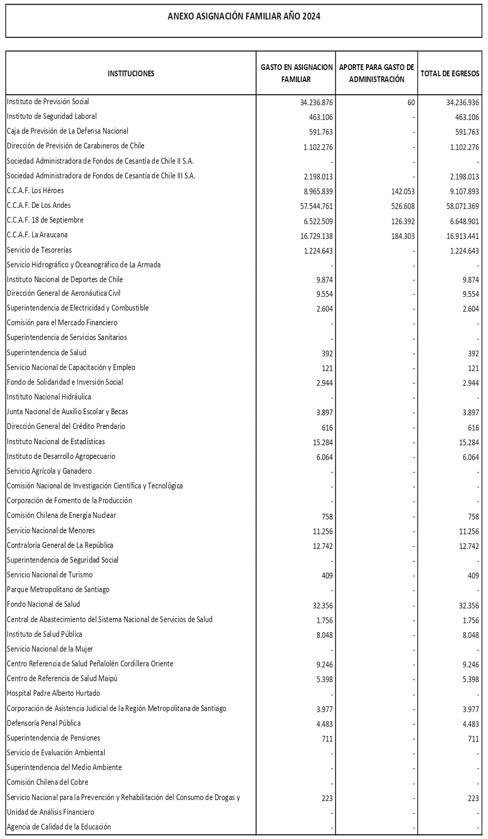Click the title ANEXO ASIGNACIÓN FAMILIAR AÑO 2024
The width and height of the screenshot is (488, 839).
tap(243, 16)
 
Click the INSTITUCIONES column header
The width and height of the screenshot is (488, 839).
tap(131, 74)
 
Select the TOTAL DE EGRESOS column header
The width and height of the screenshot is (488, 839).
tap(450, 74)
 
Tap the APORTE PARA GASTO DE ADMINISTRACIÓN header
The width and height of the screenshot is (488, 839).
tap(377, 73)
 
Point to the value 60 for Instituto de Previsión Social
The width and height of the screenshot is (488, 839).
tap(411, 103)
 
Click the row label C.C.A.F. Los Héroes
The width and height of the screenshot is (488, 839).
tap(36, 191)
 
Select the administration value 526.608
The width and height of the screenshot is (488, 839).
tap(400, 206)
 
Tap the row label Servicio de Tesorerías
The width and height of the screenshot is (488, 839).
tap(39, 250)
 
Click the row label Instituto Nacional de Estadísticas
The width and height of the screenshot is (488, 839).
tap(56, 442)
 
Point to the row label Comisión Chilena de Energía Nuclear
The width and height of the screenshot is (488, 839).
tap(62, 515)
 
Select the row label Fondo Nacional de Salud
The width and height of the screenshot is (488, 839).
tap(44, 604)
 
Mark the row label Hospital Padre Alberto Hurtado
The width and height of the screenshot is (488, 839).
tap(54, 693)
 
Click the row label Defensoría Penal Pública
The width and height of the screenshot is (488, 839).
tap(44, 723)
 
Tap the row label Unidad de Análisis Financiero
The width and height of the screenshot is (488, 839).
tap(50, 812)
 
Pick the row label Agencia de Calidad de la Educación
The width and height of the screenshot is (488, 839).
tap(59, 827)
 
